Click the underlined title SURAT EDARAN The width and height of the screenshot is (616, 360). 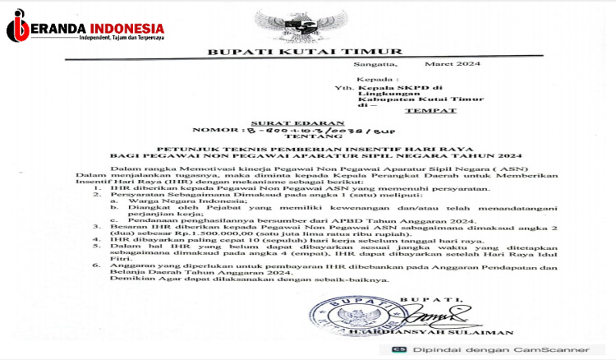tap(282, 122)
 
